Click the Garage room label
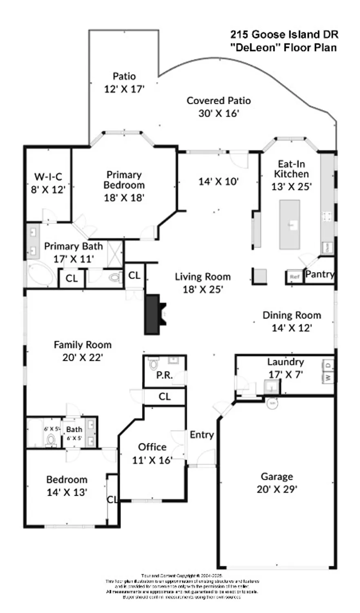click(277, 477)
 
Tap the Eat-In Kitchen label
click(291, 169)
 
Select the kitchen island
click(290, 224)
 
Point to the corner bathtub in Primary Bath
click(41, 274)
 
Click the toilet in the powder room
click(154, 363)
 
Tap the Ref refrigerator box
click(294, 277)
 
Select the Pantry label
click(320, 274)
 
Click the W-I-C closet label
click(48, 177)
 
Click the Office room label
click(152, 447)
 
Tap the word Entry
click(202, 434)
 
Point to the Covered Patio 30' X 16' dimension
click(219, 113)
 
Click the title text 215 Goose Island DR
click(284, 34)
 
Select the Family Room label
click(83, 345)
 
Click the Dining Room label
click(291, 315)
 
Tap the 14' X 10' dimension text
click(219, 181)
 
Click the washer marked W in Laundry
click(328, 377)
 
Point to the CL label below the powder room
click(164, 396)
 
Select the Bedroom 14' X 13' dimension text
click(67, 492)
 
